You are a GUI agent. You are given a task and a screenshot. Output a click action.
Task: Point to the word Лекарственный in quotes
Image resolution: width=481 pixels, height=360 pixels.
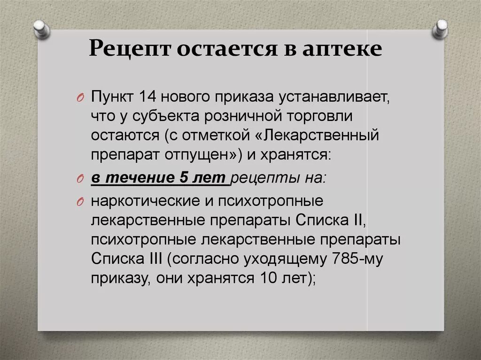[x=323, y=136]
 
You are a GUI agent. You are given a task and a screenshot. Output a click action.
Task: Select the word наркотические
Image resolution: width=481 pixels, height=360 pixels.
[x=142, y=201]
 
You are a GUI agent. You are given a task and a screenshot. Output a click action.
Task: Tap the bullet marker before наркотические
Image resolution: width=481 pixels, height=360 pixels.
[x=79, y=202]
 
